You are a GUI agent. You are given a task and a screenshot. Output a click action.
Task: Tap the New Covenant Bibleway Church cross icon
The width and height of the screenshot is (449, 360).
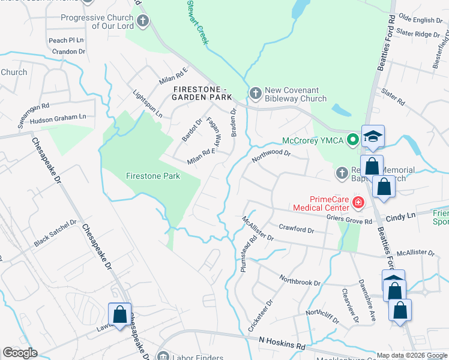coord(255,93)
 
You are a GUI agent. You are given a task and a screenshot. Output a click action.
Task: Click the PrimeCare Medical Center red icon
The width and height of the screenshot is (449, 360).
coord(358,203)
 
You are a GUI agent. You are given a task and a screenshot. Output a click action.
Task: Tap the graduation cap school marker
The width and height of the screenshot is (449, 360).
coord(373,136)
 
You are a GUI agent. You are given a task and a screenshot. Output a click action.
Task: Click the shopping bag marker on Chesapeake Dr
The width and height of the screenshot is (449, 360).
coord(119,314)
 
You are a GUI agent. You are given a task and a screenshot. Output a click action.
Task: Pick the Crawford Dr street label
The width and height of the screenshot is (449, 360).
coord(296,229)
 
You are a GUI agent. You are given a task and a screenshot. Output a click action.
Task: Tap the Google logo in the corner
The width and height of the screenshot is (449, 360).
coord(20,353)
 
